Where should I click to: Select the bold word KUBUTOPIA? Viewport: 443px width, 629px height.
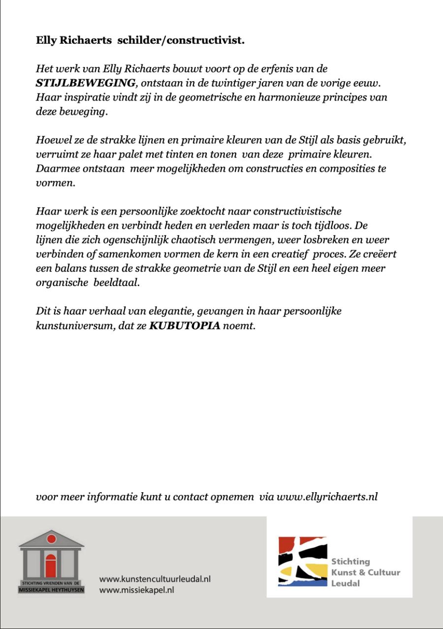pyautogui.click(x=184, y=325)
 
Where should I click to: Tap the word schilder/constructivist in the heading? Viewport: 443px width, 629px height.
pyautogui.click(x=181, y=40)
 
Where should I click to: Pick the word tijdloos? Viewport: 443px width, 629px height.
pyautogui.click(x=340, y=225)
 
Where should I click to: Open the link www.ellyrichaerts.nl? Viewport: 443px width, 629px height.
pyautogui.click(x=327, y=497)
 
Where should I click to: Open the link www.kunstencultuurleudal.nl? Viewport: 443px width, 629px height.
pyautogui.click(x=155, y=579)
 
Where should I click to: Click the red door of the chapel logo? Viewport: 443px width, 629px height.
pyautogui.click(x=51, y=566)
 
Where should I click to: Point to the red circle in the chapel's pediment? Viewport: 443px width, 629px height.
pyautogui.click(x=51, y=539)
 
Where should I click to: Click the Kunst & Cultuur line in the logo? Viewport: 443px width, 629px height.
pyautogui.click(x=365, y=572)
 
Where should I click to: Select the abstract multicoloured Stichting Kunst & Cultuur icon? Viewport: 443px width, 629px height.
pyautogui.click(x=302, y=561)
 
